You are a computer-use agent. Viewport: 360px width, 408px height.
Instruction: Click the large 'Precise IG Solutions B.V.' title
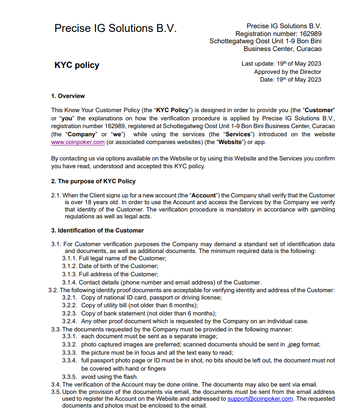[115, 28]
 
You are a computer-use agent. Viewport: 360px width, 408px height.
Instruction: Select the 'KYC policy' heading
[77, 65]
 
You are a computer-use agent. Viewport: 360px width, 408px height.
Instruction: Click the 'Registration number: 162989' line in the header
[278, 34]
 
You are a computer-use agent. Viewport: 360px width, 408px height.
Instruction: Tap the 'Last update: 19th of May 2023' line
[281, 64]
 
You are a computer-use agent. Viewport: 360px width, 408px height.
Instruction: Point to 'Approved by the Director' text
[287, 72]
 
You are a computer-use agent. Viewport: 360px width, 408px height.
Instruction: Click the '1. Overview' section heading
[68, 96]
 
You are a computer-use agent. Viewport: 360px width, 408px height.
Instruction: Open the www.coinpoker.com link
[78, 142]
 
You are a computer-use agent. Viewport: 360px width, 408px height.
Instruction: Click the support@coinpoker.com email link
[260, 398]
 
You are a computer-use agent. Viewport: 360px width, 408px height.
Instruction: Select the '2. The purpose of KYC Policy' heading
[93, 181]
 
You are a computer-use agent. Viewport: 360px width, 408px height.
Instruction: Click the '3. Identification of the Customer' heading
[98, 230]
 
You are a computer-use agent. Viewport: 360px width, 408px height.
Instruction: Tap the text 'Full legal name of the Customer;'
[123, 258]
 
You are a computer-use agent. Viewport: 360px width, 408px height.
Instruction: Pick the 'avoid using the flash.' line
[109, 377]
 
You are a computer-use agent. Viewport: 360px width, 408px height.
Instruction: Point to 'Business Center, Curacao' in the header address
[282, 49]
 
